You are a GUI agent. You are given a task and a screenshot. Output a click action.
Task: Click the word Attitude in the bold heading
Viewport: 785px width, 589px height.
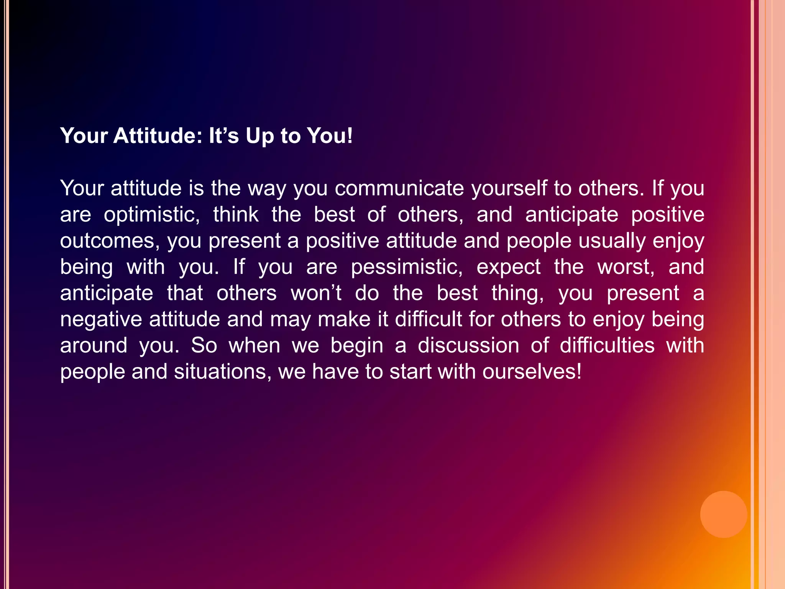point(158,136)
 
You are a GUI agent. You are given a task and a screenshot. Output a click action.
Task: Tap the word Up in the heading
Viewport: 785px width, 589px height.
point(259,137)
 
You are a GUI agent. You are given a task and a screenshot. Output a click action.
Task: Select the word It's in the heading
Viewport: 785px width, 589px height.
point(224,136)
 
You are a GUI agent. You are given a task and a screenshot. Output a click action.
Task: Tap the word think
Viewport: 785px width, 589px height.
point(236,214)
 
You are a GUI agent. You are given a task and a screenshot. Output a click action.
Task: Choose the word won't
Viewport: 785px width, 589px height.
point(316,293)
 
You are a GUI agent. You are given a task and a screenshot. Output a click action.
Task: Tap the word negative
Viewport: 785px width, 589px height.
point(101,319)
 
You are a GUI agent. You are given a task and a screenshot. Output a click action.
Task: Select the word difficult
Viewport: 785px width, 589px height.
point(429,319)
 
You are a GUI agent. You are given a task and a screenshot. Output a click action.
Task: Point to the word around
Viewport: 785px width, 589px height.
point(94,346)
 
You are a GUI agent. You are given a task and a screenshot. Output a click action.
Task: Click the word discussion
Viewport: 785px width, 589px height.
point(468,346)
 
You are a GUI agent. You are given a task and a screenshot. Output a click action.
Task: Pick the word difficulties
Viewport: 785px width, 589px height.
point(607,346)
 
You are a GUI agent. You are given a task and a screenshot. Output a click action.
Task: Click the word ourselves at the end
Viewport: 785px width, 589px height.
point(532,372)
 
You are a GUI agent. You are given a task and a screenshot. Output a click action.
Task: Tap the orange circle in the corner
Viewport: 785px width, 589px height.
point(723,514)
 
